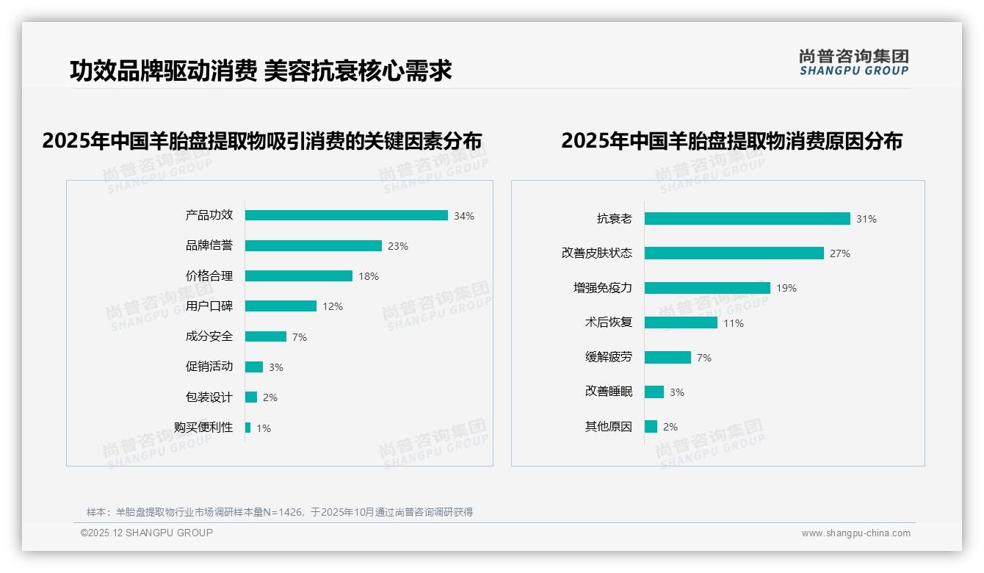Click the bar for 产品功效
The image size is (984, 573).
coord(346,215)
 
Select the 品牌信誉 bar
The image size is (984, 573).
coord(314,246)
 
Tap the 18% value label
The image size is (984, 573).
coord(369,276)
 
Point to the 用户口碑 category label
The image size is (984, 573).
coord(209,306)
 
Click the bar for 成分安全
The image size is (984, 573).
coord(266,336)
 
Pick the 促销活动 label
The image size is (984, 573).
coord(209,366)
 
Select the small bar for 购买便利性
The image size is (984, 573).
coord(248,428)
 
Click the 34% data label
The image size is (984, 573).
coord(464,216)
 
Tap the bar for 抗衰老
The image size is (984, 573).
coord(747,218)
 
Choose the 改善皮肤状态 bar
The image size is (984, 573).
coord(734,253)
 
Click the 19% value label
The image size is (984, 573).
coord(786,288)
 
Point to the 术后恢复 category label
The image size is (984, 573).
coord(609,322)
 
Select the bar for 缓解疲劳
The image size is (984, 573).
coord(668,357)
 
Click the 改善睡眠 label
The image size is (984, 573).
coord(609,391)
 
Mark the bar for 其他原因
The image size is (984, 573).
coord(651,426)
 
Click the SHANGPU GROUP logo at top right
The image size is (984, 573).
coord(854,62)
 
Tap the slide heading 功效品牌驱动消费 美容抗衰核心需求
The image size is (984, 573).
coord(261,71)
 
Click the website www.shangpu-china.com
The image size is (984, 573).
coord(855,533)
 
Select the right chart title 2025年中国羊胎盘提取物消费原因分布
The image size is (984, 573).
coord(731,140)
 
